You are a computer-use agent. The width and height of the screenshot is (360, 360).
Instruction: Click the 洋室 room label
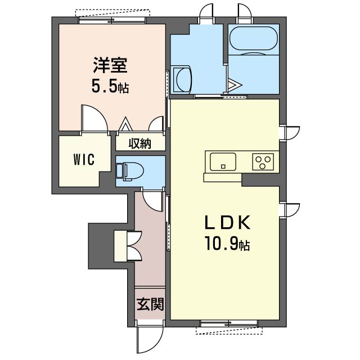coord(110,66)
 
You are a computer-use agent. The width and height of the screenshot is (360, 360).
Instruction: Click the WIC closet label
coord(83,159)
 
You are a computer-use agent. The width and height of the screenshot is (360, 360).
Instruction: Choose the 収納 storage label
coord(141,143)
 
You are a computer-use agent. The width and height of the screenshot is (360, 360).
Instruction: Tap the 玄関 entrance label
coord(150,305)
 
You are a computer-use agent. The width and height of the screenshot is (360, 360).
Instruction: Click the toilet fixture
coord(128,170)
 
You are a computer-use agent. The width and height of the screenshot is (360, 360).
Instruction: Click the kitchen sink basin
coord(224,162)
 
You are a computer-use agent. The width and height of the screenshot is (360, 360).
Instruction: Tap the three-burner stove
coord(263,162)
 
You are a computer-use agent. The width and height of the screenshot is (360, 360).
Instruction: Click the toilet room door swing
coord(151,199)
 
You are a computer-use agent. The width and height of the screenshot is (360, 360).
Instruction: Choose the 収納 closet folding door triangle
coord(125,124)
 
